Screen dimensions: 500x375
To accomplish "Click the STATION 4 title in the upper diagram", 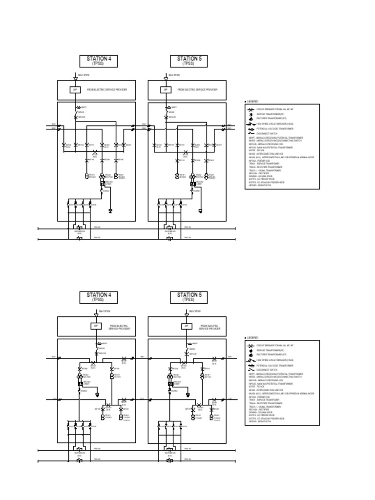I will tap(99, 59).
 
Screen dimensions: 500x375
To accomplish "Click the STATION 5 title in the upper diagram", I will tap(189, 59).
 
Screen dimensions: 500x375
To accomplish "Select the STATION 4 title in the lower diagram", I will tap(99, 295).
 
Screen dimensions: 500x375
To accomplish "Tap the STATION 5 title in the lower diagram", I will tap(189, 295).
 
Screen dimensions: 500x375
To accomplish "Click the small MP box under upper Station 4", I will tap(75, 90).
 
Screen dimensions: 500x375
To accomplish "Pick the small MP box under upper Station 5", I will tap(166, 90).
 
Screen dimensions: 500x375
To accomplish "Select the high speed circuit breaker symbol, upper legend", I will tap(250, 125).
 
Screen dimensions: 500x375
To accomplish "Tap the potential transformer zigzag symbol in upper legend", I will tap(250, 129).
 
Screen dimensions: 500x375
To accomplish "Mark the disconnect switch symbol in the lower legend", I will tap(250, 370).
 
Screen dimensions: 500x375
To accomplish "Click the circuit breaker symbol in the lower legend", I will tap(250, 346).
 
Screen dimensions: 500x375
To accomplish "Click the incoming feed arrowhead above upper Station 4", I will tap(76, 78).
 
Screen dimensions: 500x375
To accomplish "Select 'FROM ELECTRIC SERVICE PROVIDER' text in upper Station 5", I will tap(197, 90).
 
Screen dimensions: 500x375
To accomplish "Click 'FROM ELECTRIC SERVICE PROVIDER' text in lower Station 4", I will tap(118, 327).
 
